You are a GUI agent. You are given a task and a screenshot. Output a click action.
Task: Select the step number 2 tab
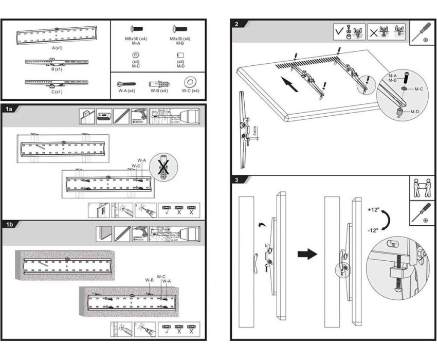[x=236, y=24]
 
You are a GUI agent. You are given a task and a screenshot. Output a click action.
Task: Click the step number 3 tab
[x=236, y=181]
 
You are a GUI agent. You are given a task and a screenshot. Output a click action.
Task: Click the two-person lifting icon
[x=422, y=188]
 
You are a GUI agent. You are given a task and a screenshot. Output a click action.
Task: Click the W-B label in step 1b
[x=149, y=280]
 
